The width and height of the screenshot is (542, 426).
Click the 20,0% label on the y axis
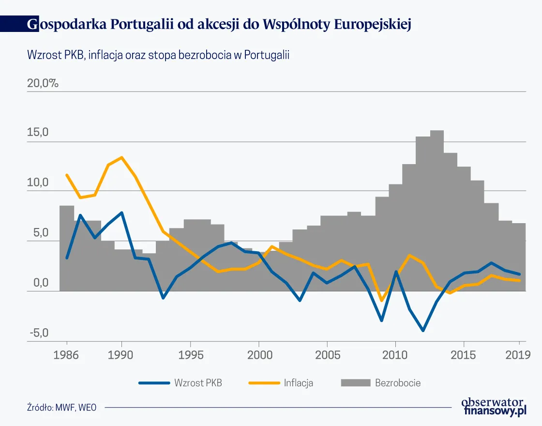pos(43,83)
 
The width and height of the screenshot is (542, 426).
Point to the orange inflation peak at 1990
pos(121,157)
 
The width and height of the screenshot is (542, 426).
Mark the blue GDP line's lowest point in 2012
pos(423,331)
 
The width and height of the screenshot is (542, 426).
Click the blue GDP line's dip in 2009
pos(382,320)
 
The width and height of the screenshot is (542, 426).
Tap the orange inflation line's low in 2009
pos(382,301)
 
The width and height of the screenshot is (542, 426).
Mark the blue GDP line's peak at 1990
pos(121,213)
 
